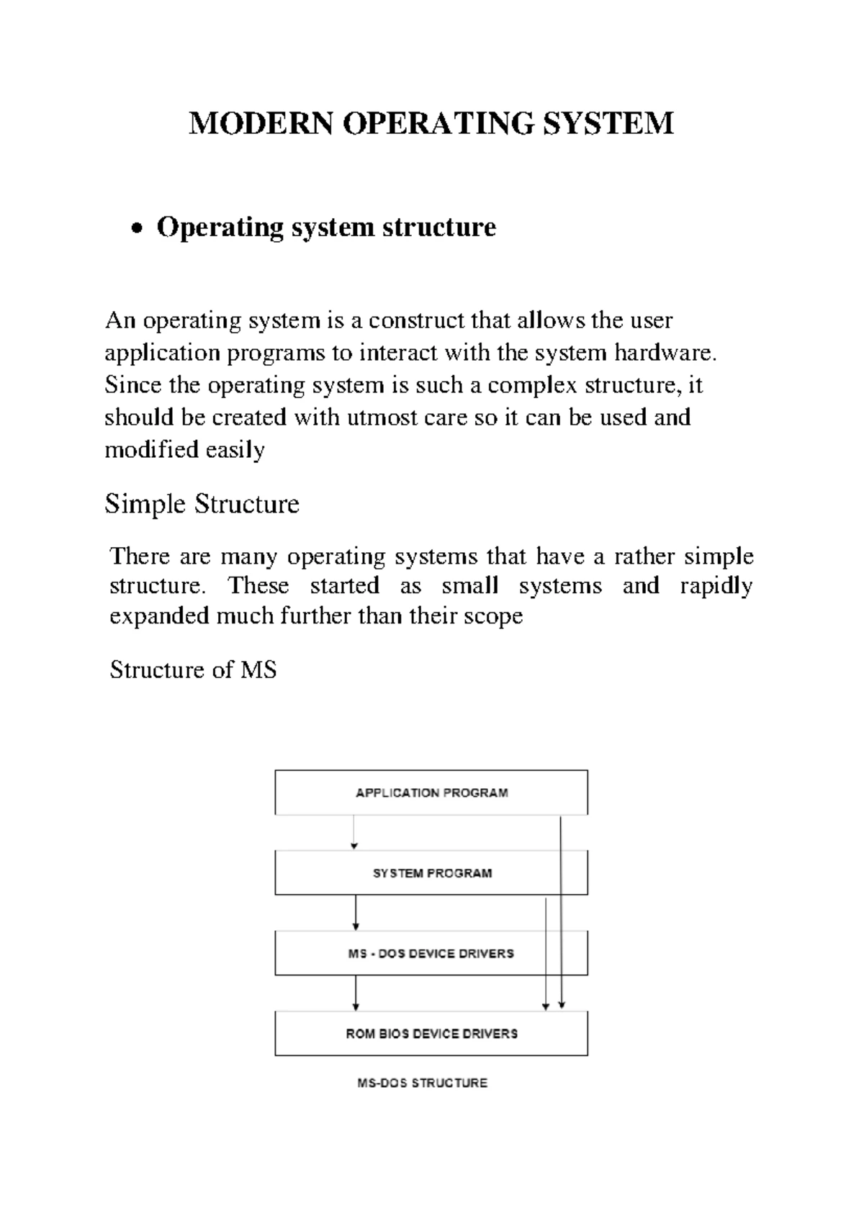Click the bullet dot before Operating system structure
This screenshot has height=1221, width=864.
pyautogui.click(x=138, y=230)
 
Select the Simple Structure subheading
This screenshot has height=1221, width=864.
pyautogui.click(x=202, y=504)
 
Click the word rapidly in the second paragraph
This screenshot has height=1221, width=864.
pyautogui.click(x=716, y=585)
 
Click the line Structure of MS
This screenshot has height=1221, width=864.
pyautogui.click(x=193, y=670)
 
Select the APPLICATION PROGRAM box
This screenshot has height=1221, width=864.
pyautogui.click(x=431, y=793)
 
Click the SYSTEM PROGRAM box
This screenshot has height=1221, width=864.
pyautogui.click(x=431, y=873)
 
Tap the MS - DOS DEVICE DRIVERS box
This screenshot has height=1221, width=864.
pyautogui.click(x=431, y=953)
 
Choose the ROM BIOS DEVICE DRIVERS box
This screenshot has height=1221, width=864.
pyautogui.click(x=431, y=1034)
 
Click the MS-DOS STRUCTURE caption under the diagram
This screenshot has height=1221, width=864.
pyautogui.click(x=423, y=1083)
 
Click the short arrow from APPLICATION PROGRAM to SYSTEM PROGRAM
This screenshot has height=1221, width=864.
pyautogui.click(x=354, y=832)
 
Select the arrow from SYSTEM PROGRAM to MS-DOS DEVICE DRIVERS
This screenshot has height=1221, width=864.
pyautogui.click(x=356, y=912)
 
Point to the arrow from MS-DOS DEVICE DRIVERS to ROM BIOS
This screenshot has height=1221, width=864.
pyautogui.click(x=356, y=993)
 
